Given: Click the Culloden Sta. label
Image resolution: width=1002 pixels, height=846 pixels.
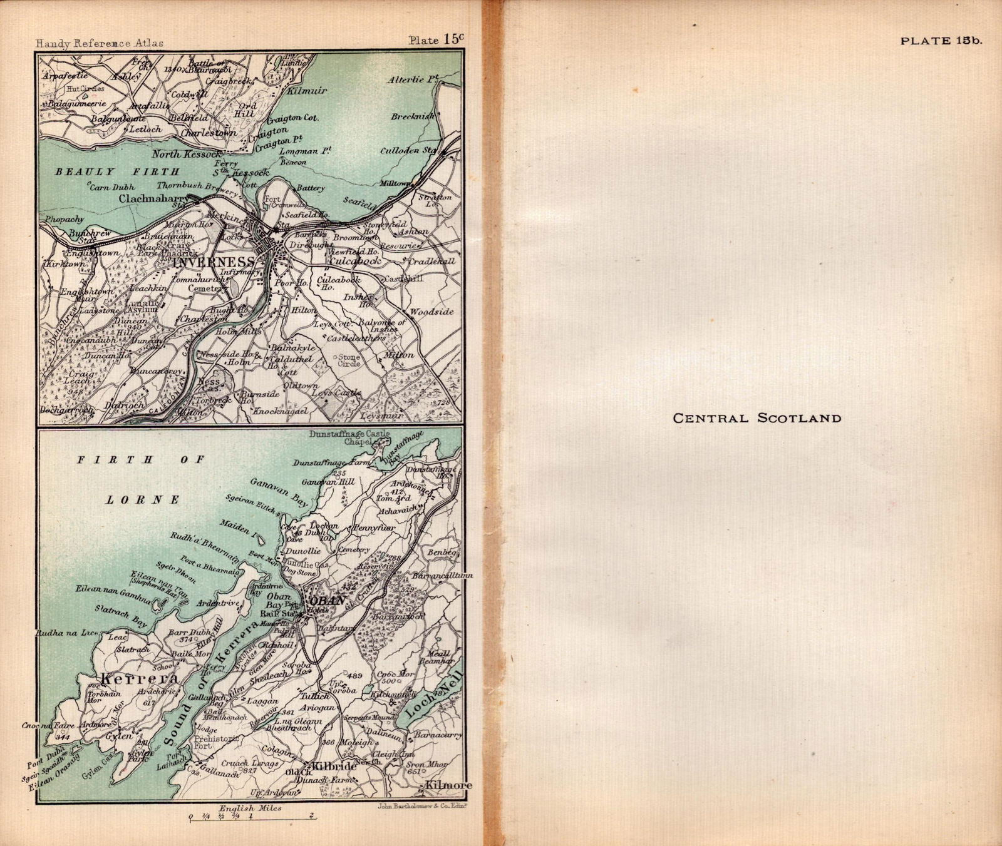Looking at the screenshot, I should click(x=409, y=151).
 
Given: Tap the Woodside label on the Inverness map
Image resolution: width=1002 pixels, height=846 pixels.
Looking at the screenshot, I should click(x=431, y=312).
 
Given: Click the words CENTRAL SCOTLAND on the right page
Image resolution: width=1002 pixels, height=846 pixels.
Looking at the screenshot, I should click(x=757, y=418).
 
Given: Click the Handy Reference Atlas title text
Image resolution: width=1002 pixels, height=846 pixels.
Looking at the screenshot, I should click(x=100, y=43).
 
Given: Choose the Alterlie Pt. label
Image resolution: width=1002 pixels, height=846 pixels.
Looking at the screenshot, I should click(x=411, y=80).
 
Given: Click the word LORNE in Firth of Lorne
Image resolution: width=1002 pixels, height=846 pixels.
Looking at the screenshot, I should click(x=142, y=500).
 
